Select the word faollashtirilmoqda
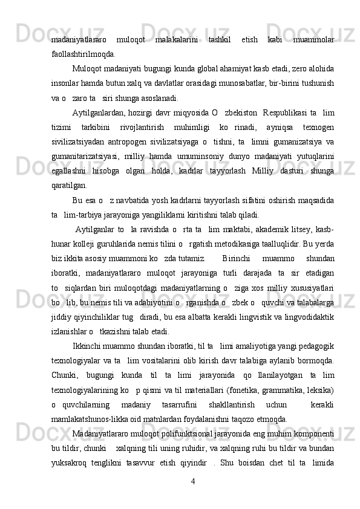[84, 54]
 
